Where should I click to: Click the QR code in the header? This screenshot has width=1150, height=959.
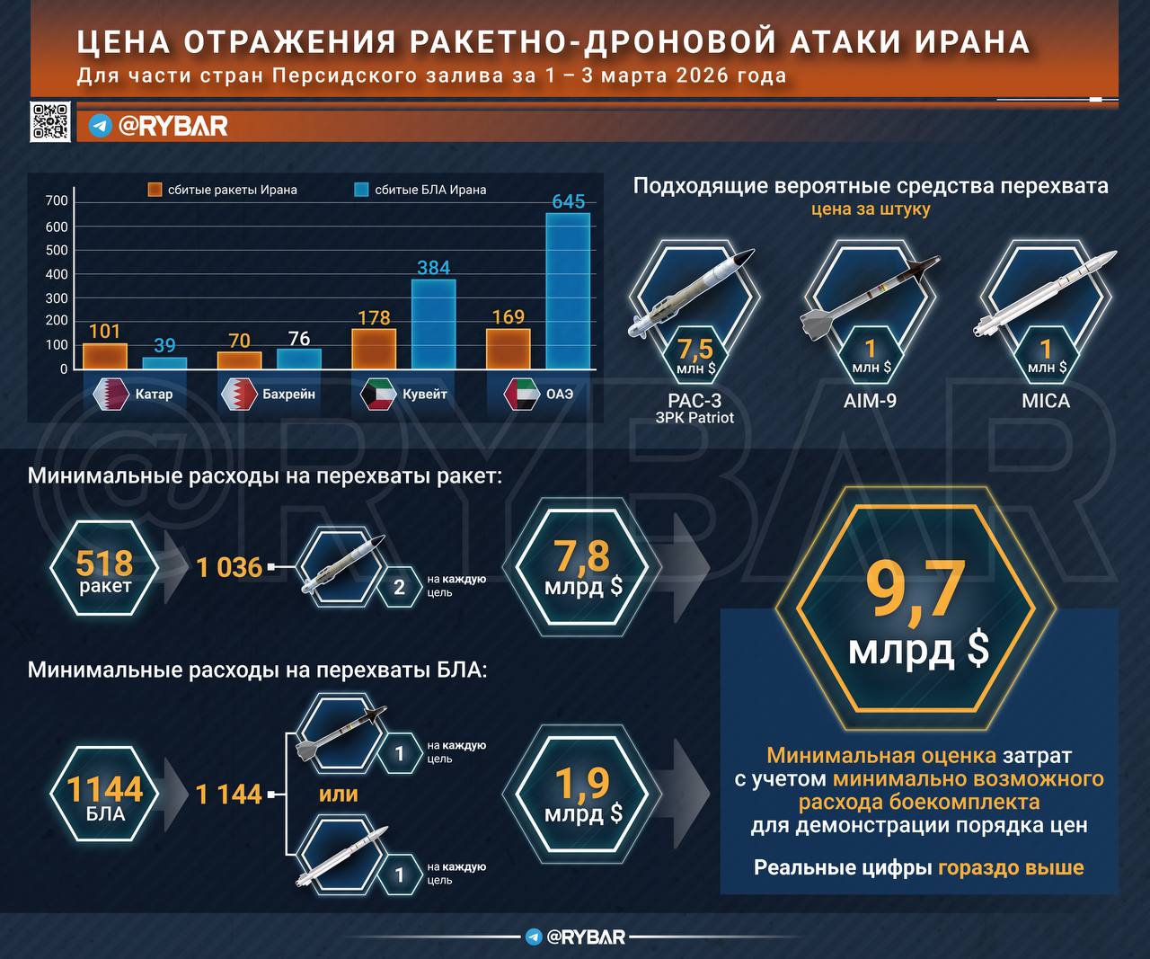click(50, 121)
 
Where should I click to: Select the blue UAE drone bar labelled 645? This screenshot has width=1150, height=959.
click(568, 291)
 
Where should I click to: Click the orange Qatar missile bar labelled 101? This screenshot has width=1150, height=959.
click(105, 356)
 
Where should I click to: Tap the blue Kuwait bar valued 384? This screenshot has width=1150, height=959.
click(433, 324)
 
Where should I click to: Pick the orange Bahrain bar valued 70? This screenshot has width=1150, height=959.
click(239, 360)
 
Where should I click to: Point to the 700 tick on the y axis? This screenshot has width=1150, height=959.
click(57, 200)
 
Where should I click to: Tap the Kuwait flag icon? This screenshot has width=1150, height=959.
click(378, 394)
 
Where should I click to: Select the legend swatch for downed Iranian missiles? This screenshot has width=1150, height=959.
click(155, 190)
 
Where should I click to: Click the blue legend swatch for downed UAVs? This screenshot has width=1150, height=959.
click(361, 190)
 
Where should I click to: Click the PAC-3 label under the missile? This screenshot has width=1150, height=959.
click(694, 401)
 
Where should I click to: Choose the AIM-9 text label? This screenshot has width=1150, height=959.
click(870, 401)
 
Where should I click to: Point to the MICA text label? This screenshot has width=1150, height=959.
click(1046, 401)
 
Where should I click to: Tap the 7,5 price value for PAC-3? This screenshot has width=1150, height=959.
click(694, 349)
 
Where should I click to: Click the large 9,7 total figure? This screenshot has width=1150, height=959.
click(916, 590)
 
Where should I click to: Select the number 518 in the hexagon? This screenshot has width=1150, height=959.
click(104, 564)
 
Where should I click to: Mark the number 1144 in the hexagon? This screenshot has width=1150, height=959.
click(105, 789)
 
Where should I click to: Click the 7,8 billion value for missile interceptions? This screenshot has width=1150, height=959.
click(583, 557)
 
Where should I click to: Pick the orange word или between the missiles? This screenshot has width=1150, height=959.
click(338, 794)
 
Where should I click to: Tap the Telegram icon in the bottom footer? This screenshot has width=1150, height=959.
click(534, 937)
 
